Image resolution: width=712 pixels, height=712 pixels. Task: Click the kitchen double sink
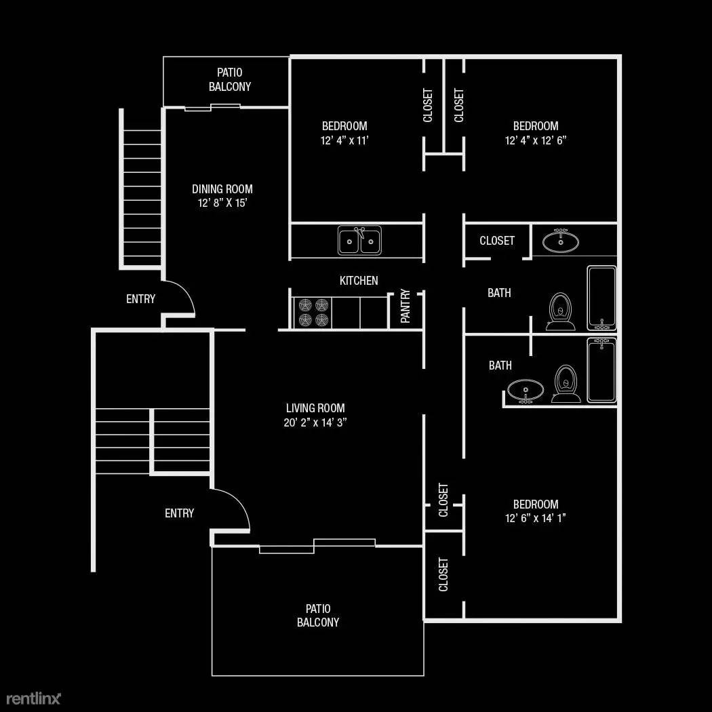(x=359, y=240)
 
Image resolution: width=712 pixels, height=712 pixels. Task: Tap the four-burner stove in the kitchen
(x=314, y=313)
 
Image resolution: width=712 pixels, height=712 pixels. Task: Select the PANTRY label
(x=406, y=306)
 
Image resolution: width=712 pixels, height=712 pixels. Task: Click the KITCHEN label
(x=359, y=281)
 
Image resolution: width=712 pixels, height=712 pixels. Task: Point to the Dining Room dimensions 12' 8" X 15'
(x=222, y=203)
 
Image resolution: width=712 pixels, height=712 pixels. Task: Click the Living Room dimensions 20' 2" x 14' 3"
(x=315, y=422)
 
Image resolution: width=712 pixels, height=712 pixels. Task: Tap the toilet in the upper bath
(x=560, y=311)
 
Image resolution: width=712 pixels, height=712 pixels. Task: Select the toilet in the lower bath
(x=566, y=384)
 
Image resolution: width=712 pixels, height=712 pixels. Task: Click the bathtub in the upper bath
(x=601, y=298)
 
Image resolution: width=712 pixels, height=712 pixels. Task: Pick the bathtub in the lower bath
(x=601, y=370)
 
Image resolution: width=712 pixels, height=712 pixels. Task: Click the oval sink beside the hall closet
(x=561, y=241)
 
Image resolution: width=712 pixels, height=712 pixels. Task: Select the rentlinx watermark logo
(x=33, y=698)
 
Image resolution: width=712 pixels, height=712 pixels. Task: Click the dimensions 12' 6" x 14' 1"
(x=536, y=518)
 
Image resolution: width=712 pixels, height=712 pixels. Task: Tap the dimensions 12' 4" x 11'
(x=344, y=140)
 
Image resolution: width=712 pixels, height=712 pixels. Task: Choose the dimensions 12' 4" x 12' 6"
(x=536, y=140)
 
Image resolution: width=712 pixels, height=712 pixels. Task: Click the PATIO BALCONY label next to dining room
(x=229, y=79)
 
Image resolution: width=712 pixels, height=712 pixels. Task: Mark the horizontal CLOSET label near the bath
(x=497, y=241)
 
